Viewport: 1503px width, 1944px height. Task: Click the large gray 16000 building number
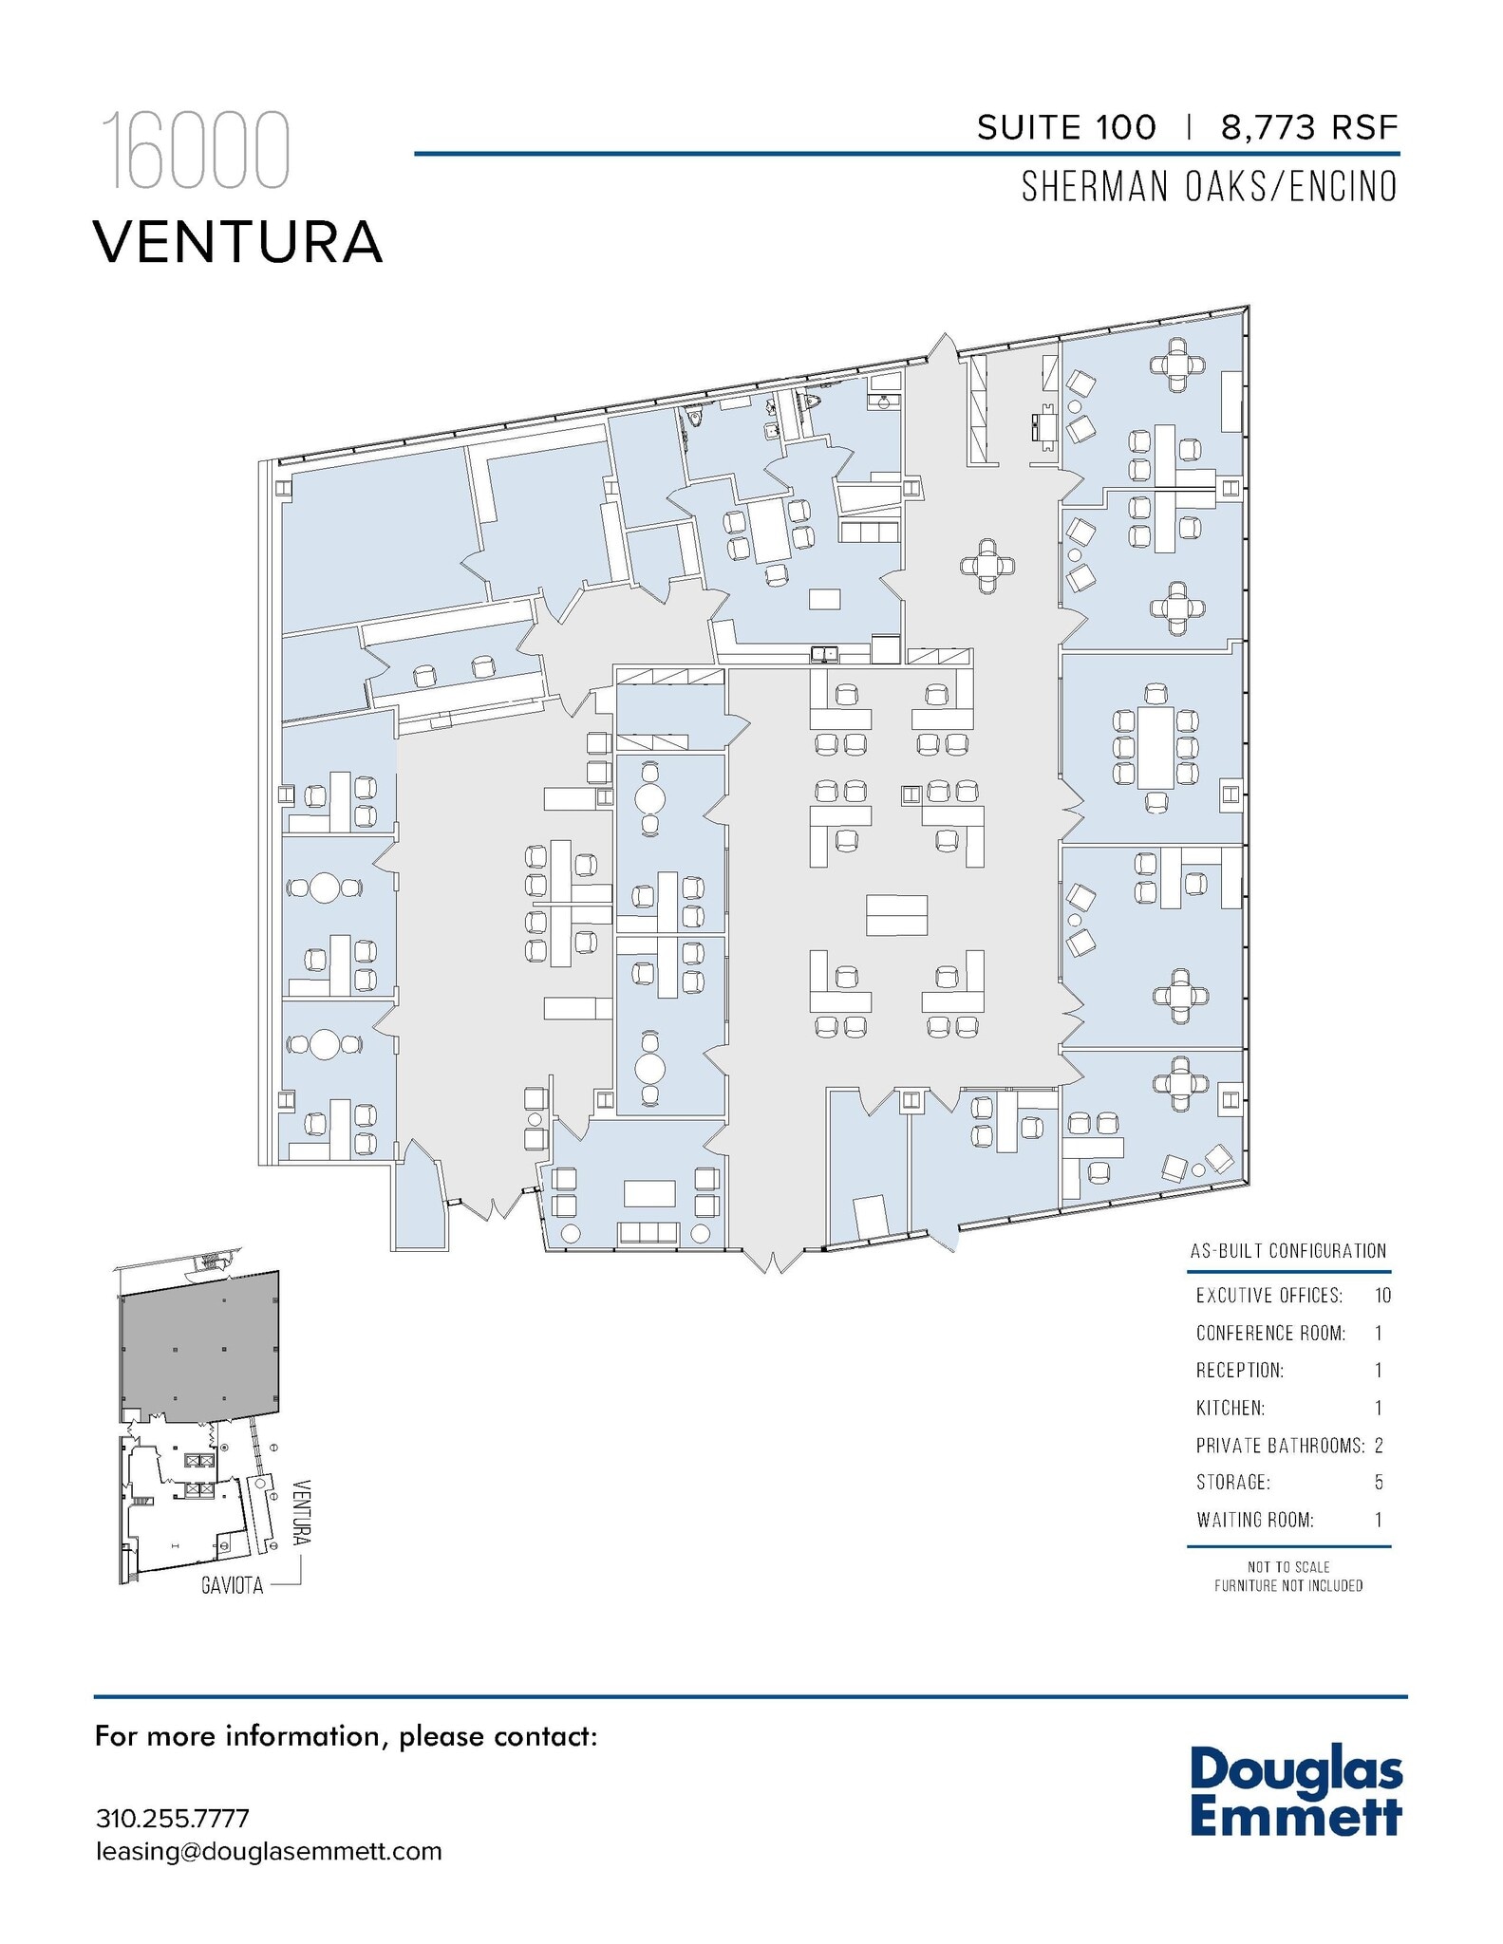[195, 151]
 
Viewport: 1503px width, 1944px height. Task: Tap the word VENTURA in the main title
[237, 242]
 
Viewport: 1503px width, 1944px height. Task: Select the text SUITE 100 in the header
[1066, 127]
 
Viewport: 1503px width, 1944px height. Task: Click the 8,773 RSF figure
[1309, 127]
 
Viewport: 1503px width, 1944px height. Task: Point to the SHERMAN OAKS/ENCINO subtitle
[1209, 187]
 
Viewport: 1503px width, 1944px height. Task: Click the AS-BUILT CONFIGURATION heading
[1287, 1251]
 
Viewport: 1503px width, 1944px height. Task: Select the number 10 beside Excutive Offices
[1381, 1296]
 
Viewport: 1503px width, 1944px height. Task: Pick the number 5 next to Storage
[1379, 1483]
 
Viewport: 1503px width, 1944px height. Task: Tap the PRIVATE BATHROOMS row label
[1279, 1446]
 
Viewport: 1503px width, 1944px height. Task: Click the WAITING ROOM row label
[1254, 1521]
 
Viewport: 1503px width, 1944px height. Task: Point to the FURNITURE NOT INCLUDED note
[1287, 1586]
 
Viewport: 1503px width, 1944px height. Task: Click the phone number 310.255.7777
[172, 1819]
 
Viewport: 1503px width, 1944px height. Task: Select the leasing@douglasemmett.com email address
[269, 1852]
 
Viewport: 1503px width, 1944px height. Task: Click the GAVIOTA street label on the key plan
[232, 1585]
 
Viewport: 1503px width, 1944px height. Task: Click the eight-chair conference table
[1155, 747]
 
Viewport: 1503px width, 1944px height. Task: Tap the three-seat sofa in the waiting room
[648, 1233]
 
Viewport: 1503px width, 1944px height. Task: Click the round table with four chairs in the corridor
[987, 566]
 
